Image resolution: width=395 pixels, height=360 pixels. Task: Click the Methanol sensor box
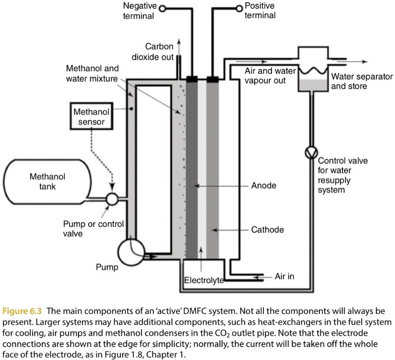pyautogui.click(x=91, y=117)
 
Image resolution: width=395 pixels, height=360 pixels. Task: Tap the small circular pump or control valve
pyautogui.click(x=112, y=199)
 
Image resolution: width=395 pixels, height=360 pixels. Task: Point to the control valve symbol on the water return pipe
pyautogui.click(x=312, y=153)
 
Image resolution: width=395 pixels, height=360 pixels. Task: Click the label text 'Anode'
pyautogui.click(x=263, y=186)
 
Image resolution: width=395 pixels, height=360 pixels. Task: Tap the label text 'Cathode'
pyautogui.click(x=267, y=230)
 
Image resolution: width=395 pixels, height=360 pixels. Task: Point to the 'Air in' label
pyautogui.click(x=284, y=276)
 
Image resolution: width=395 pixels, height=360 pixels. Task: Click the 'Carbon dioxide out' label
pyautogui.click(x=153, y=52)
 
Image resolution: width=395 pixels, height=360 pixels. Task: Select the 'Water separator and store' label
pyautogui.click(x=362, y=81)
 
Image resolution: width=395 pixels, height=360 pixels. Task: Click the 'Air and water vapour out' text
pyautogui.click(x=270, y=76)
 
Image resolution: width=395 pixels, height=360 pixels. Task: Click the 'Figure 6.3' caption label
pyautogui.click(x=23, y=311)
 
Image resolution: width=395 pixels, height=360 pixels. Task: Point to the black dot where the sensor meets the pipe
pyautogui.click(x=131, y=109)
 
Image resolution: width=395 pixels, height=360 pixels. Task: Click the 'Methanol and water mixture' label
pyautogui.click(x=92, y=73)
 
